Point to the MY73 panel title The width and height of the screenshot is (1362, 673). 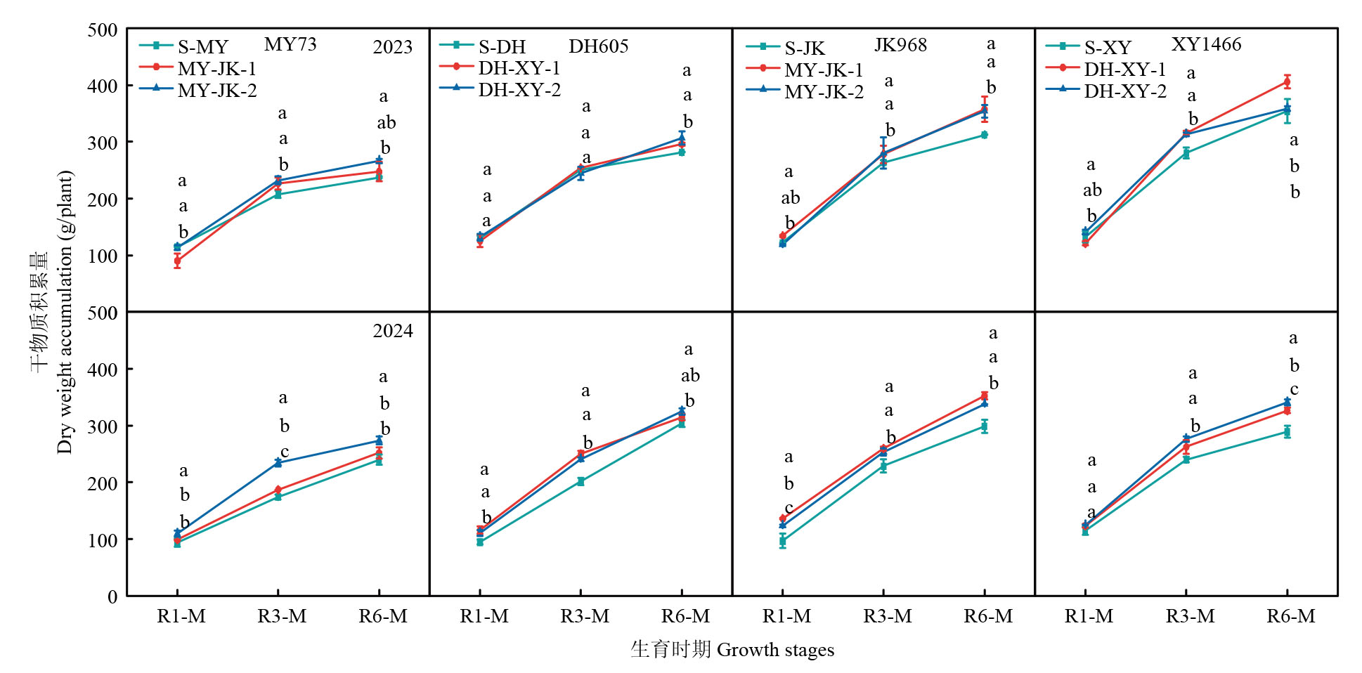[290, 44]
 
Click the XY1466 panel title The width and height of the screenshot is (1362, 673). [1206, 44]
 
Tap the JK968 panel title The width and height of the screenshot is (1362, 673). [900, 45]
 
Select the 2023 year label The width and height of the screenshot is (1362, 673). [392, 47]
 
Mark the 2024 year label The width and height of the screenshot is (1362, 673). [392, 331]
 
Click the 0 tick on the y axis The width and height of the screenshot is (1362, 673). [112, 596]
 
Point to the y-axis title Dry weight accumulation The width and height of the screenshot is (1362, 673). [65, 312]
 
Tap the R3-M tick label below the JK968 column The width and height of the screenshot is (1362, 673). [888, 616]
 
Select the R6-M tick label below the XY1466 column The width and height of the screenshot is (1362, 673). [1291, 616]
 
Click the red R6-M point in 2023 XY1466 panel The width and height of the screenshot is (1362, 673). [1287, 81]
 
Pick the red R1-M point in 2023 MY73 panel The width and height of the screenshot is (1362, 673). [177, 261]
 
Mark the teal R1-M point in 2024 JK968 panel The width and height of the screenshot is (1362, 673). [782, 541]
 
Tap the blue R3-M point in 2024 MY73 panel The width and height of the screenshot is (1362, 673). [278, 462]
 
